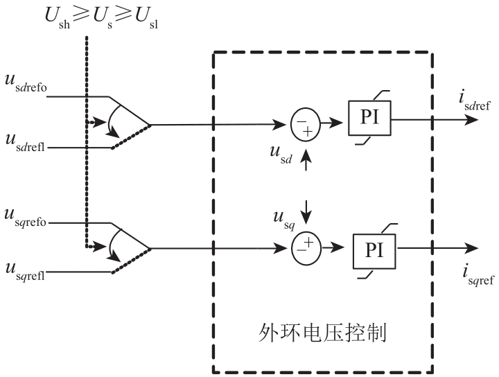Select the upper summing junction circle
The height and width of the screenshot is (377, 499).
pos(301,125)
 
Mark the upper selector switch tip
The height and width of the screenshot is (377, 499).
pos(150,125)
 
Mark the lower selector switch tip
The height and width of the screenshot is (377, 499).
pos(150,248)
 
